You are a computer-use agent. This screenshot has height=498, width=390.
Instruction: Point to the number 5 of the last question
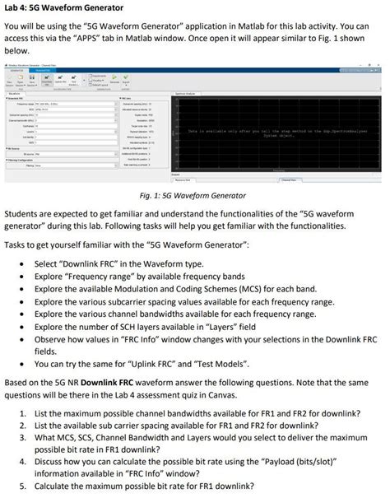[x=21, y=488]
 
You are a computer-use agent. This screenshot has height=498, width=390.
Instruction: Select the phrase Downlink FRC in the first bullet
[x=96, y=267]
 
